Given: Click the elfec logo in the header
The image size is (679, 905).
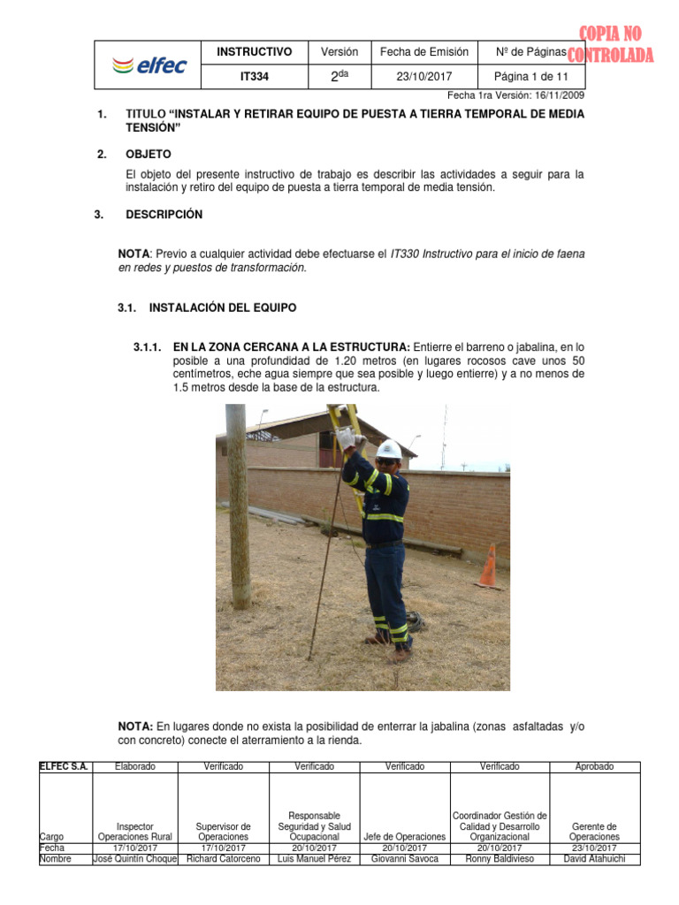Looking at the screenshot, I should coord(149,65).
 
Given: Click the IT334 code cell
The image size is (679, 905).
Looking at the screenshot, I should coord(255,77).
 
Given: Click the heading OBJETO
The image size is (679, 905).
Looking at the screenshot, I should coord(149,154).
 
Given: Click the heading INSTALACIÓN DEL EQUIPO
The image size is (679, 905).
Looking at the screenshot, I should coord(223,308).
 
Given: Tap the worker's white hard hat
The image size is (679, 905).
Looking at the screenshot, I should coord(389,449).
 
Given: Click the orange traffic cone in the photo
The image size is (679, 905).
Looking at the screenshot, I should coord(487,567).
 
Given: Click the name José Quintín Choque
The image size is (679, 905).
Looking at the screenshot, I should coord(134,858).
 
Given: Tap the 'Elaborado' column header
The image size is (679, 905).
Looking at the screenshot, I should coord(134,766).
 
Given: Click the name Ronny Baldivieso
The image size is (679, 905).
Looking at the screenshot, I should coord(500,858).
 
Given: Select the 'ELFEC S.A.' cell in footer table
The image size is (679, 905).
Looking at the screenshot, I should coord(64,766).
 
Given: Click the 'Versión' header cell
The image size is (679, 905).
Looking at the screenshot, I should coord(339,52).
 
